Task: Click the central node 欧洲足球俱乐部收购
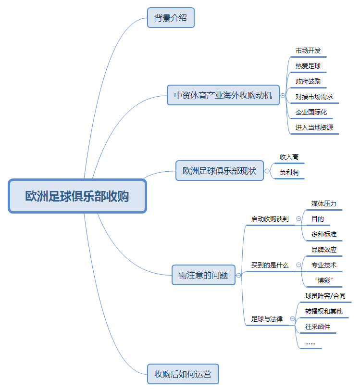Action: coord(77,196)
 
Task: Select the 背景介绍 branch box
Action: coord(171,18)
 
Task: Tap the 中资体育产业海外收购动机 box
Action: coord(223,95)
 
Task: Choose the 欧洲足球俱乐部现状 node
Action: coord(220,170)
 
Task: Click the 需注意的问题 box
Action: coord(203,275)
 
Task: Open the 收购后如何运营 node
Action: coord(183,374)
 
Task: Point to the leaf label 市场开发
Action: coord(308,51)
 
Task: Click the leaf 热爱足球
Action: coord(308,66)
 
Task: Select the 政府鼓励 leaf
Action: coord(308,81)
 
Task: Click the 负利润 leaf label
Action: coord(289,172)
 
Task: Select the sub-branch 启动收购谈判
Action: coord(270,219)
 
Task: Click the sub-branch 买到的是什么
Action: coord(270,265)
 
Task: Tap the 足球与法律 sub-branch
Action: coord(267,319)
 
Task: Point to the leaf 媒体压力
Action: coord(323,203)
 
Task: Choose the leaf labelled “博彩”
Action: coord(323,280)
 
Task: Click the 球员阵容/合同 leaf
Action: coord(325,296)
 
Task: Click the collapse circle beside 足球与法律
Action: coord(293,319)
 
